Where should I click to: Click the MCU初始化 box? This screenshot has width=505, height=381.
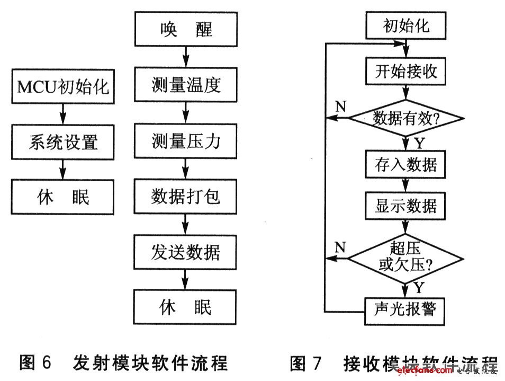pos(63,86)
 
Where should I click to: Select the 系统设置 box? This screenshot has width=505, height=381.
pos(63,141)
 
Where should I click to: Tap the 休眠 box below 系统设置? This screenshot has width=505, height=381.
pos(63,197)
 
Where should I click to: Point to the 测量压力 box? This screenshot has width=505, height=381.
pos(185,141)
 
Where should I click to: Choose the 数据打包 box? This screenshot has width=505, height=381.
pos(185,197)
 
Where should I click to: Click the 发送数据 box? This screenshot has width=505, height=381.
pos(185,252)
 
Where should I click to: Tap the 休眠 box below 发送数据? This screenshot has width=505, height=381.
pos(185,307)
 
